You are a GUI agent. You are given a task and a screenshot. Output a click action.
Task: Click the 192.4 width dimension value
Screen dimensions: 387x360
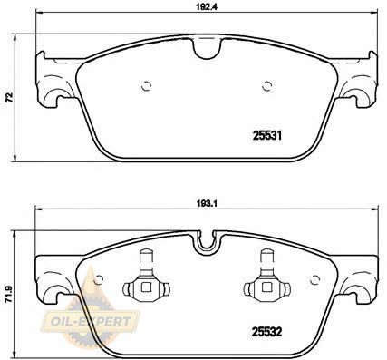click(207, 7)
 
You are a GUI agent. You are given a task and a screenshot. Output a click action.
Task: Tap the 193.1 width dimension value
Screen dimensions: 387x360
click(208, 204)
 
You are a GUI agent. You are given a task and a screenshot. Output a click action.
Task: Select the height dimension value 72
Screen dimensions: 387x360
click(10, 97)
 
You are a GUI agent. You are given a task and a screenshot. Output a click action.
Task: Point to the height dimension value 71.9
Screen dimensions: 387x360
click(9, 294)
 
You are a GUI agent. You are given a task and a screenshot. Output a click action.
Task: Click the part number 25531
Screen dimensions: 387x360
click(267, 136)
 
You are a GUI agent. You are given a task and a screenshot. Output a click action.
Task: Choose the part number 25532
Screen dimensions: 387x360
click(266, 332)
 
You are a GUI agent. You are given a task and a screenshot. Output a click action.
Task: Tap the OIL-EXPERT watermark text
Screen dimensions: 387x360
click(91, 322)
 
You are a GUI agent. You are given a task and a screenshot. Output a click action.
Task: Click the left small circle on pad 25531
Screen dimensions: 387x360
click(146, 86)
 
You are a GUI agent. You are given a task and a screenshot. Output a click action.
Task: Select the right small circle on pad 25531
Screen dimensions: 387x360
click(266, 86)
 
